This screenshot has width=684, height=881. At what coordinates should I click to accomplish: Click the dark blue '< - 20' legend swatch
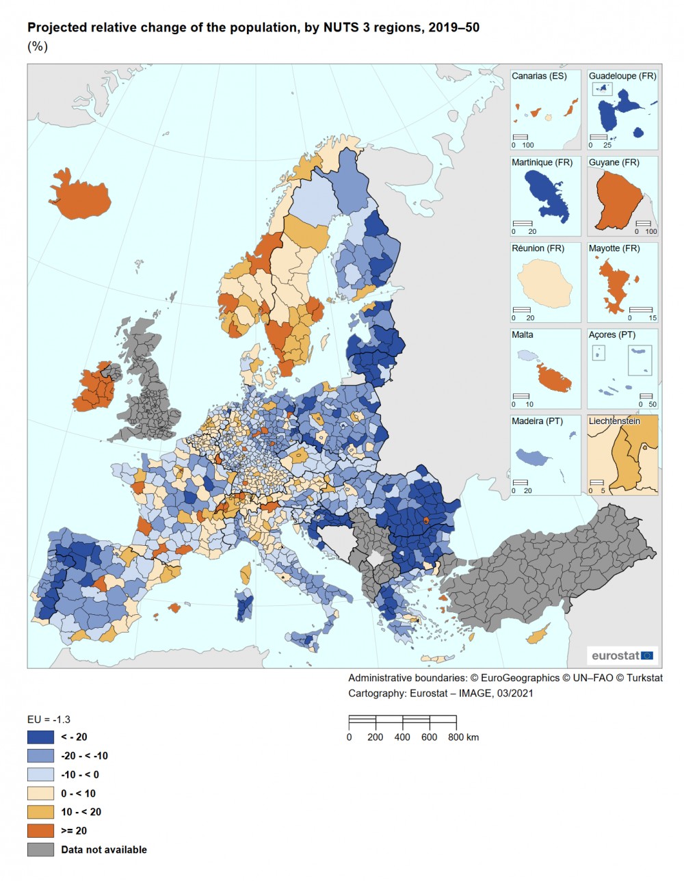[40, 737]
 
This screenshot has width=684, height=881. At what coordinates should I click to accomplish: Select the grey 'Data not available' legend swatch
[40, 850]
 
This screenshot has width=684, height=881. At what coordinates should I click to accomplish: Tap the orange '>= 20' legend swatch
[40, 831]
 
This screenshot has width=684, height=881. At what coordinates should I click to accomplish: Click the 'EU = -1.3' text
[49, 720]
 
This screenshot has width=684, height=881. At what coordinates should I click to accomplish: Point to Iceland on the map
[80, 195]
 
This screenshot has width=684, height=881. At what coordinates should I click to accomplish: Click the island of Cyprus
[538, 636]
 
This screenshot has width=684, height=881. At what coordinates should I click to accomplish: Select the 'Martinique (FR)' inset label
[542, 163]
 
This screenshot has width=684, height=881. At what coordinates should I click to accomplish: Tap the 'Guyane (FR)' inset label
[614, 163]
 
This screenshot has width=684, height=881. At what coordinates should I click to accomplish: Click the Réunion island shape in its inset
[544, 287]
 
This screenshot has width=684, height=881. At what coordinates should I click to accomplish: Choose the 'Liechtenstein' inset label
[614, 421]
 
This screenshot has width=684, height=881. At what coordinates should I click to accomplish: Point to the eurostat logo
[622, 655]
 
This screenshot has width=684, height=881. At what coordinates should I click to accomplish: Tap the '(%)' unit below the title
[37, 47]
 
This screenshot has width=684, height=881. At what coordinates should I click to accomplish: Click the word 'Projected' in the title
[54, 28]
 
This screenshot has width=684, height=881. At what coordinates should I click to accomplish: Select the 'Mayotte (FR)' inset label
[614, 249]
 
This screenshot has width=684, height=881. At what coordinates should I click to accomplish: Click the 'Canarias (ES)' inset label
[539, 77]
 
